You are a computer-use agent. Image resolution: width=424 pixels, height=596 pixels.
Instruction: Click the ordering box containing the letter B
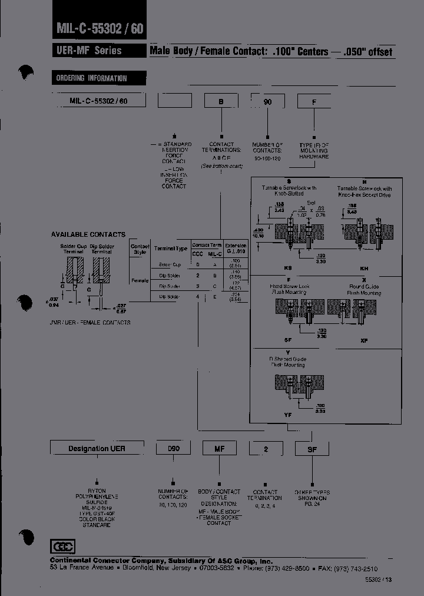[221, 101]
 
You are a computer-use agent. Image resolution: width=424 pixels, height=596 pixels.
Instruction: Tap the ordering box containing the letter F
[314, 101]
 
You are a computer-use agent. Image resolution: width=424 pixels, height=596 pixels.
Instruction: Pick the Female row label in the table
[140, 280]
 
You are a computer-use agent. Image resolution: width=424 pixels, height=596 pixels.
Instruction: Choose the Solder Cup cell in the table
[170, 265]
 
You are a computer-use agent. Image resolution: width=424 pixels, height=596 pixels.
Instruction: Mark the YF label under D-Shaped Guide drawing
[288, 415]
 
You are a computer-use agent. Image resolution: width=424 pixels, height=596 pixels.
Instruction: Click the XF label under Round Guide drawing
[364, 341]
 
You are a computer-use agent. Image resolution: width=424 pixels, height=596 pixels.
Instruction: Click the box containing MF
[219, 449]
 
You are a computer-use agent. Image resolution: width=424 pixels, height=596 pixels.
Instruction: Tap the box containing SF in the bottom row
[312, 449]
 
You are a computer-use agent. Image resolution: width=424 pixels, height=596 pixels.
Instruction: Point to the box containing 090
[173, 449]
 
